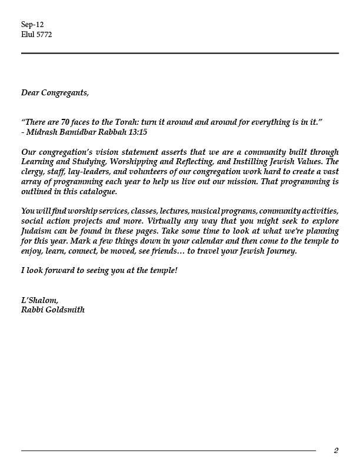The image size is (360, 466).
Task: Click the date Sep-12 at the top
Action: (x=32, y=25)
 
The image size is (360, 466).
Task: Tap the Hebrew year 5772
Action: (x=44, y=34)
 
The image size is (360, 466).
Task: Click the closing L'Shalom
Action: (x=39, y=300)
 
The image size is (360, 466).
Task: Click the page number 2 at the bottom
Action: (x=336, y=451)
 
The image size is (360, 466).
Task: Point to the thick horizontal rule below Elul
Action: (x=180, y=53)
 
